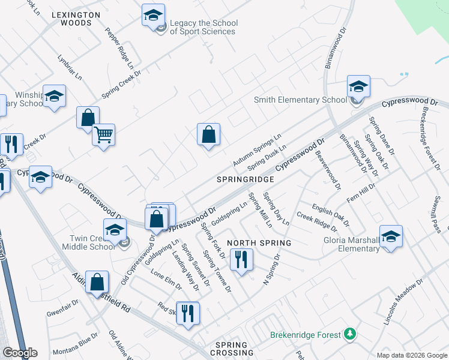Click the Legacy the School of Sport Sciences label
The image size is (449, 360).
tap(203, 28)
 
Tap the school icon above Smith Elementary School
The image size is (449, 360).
tap(358, 88)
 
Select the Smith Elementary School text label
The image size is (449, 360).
tap(300, 100)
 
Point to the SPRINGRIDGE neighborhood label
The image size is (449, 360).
tap(246, 179)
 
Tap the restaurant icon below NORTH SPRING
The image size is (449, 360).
tap(242, 259)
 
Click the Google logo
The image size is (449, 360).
tap(20, 353)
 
